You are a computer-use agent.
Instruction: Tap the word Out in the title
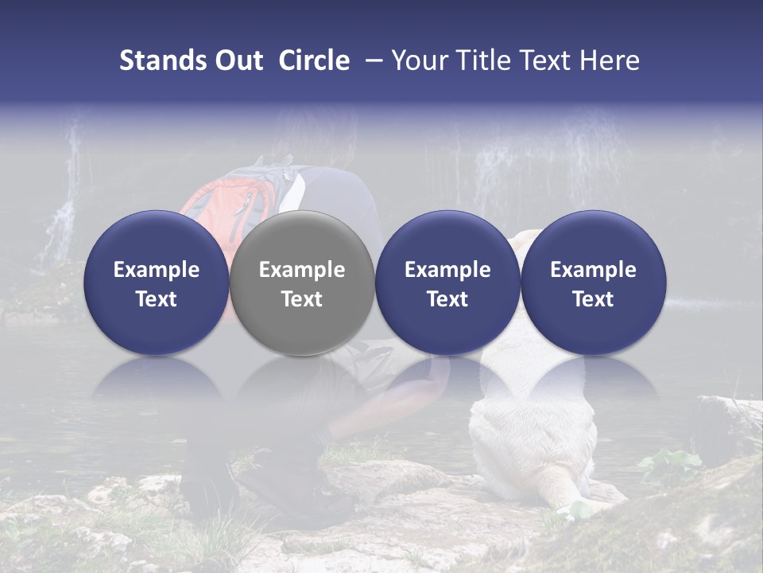click(238, 60)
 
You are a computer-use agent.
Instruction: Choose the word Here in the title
click(611, 60)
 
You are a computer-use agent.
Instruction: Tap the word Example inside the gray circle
click(302, 270)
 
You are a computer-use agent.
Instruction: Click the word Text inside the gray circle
click(302, 299)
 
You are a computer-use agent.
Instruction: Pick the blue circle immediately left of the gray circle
click(157, 283)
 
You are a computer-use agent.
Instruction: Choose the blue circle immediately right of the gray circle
click(447, 283)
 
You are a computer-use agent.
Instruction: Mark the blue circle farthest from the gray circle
click(593, 283)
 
